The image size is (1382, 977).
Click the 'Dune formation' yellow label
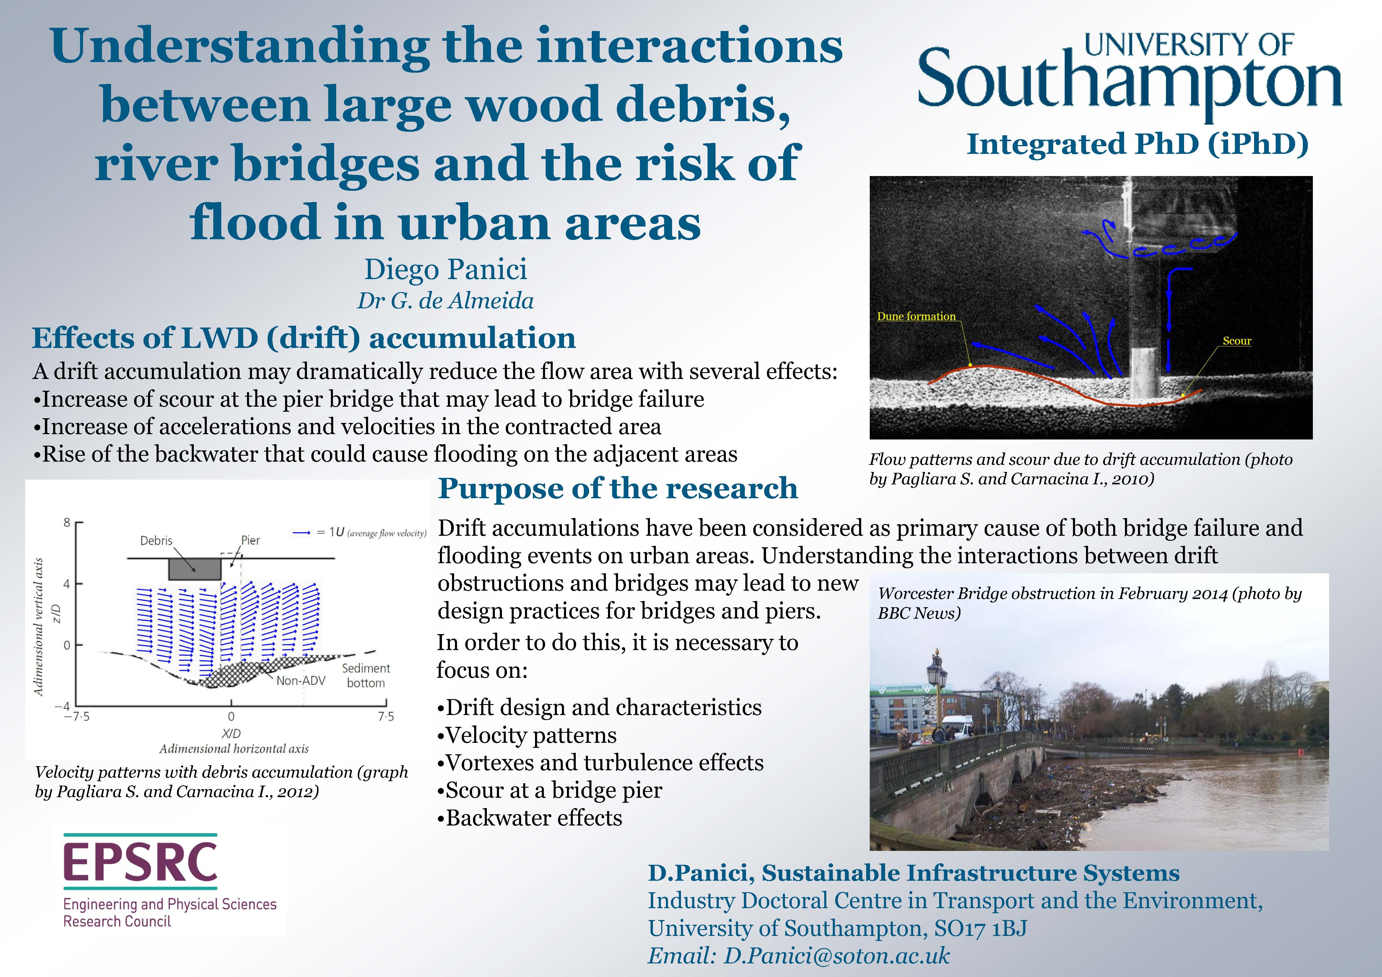pyautogui.click(x=916, y=316)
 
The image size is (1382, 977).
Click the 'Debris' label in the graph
pyautogui.click(x=156, y=540)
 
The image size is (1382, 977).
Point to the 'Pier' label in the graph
pyautogui.click(x=251, y=540)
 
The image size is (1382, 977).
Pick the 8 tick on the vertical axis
pyautogui.click(x=67, y=522)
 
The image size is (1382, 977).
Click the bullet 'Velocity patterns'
pyautogui.click(x=527, y=735)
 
